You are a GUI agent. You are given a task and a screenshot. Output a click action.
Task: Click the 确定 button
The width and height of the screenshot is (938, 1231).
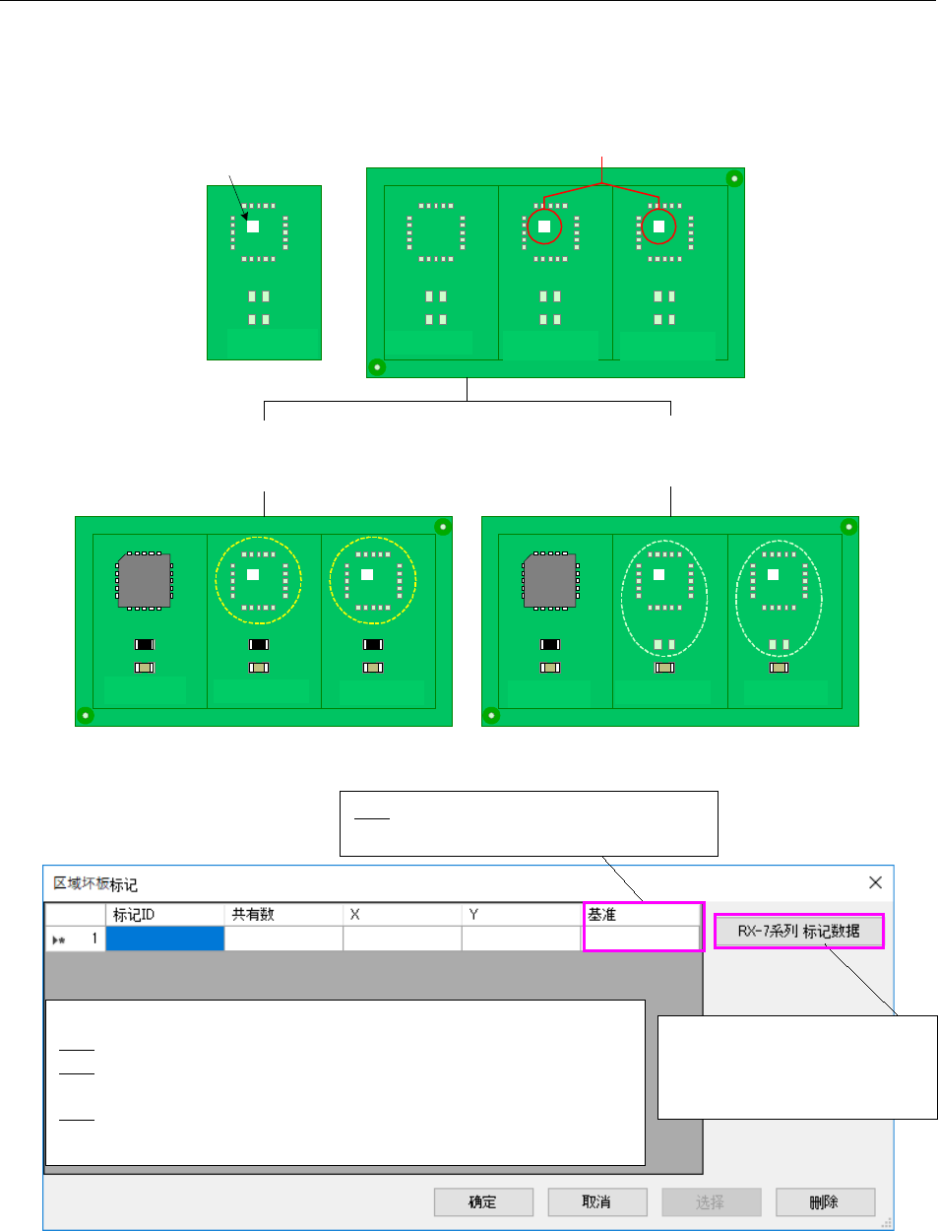coord(483,1201)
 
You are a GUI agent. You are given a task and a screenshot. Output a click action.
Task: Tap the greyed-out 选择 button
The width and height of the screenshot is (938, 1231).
coord(711,1201)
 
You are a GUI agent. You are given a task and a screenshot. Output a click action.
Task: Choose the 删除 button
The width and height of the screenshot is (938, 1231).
coord(825,1201)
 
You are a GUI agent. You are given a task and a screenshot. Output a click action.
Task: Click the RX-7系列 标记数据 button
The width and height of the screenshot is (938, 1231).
coord(798,931)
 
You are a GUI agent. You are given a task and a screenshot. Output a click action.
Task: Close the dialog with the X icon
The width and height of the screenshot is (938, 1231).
coord(875,882)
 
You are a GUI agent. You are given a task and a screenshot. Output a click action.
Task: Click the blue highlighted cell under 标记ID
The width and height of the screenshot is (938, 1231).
coord(164,939)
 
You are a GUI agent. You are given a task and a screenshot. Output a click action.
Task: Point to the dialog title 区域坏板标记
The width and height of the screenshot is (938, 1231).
coord(95,883)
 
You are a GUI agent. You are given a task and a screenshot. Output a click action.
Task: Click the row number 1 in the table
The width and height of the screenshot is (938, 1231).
coord(94,939)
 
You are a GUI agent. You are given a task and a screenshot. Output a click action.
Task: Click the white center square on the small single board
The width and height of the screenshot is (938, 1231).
coord(253,226)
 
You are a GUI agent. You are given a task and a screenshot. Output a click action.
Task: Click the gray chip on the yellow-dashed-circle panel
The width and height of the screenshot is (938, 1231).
coord(145,581)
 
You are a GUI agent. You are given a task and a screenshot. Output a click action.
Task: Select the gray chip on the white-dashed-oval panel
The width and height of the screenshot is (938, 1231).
coord(550,581)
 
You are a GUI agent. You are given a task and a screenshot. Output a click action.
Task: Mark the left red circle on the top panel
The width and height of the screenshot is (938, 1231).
coord(544,227)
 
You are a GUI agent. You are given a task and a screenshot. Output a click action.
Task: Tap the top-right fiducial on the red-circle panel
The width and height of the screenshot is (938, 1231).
coord(733,178)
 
